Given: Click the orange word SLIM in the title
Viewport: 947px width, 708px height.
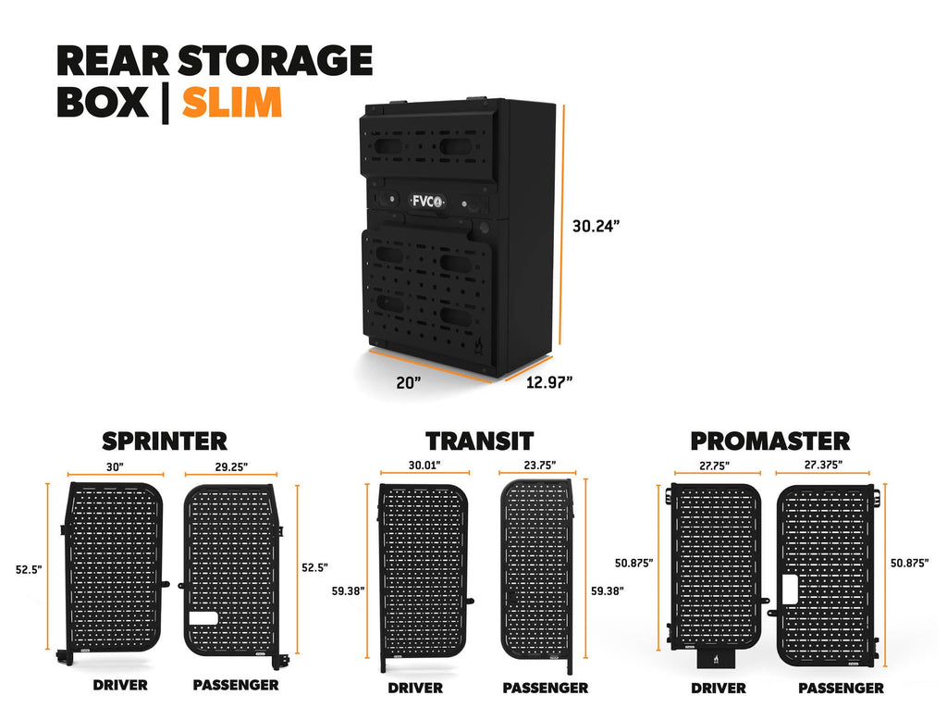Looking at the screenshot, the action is (x=232, y=102).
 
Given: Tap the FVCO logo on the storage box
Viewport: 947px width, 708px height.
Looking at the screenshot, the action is (x=427, y=202).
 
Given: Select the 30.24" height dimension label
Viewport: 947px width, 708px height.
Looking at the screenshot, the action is (x=596, y=226).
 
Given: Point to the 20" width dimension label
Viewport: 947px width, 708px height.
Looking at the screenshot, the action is (x=408, y=383).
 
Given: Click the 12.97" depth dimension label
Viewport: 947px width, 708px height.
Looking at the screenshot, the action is (x=549, y=382).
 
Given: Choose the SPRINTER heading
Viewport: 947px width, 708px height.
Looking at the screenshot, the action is (x=165, y=441).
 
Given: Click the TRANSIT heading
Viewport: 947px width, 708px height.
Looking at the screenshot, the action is (x=480, y=441).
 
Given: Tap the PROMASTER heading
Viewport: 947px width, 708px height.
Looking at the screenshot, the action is (x=770, y=441).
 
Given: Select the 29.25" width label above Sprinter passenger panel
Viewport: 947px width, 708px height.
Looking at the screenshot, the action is (x=231, y=466).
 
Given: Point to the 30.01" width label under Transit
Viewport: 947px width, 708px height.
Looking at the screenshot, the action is (x=424, y=465).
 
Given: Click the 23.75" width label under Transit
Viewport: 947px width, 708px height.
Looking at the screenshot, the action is (x=540, y=465).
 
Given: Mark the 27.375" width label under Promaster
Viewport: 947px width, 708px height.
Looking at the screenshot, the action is (x=823, y=465).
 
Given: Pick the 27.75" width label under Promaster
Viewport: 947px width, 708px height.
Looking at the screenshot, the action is (x=715, y=466).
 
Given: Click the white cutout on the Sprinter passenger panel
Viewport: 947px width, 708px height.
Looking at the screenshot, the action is (x=203, y=618).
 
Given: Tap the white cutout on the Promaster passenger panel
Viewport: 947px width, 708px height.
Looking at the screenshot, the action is (x=790, y=589).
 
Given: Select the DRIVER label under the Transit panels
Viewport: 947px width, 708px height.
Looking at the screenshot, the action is (x=415, y=688).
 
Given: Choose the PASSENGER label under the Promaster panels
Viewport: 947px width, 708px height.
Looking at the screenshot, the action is (x=841, y=688).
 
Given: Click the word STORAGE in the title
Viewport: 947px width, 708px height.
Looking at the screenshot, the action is (x=275, y=60).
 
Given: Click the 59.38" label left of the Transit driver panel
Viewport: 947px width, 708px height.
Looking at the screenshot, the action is (x=348, y=590).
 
